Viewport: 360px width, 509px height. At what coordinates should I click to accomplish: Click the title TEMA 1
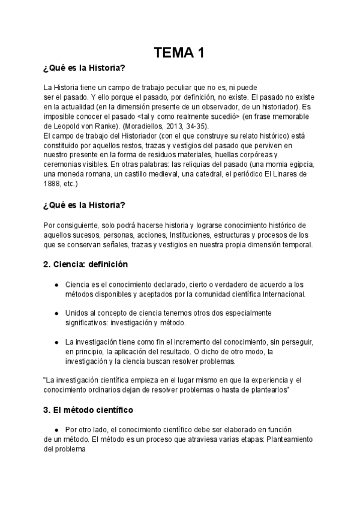pos(179,53)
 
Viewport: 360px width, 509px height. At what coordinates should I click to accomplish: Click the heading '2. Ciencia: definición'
pos(85,264)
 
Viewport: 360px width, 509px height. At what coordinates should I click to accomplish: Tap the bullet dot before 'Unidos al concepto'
pos(56,313)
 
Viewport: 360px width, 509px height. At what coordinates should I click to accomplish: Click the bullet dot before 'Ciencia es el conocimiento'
pos(56,285)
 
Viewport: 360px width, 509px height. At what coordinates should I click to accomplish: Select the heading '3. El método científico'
pos(88,411)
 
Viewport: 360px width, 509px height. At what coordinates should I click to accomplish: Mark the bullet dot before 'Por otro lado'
pos(56,430)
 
